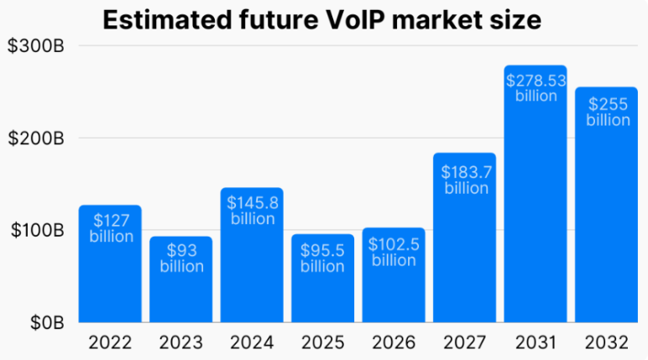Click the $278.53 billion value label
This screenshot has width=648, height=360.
(536, 88)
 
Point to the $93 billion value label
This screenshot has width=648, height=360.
(181, 258)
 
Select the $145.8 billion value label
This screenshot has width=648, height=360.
(253, 210)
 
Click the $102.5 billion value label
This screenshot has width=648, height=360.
(394, 252)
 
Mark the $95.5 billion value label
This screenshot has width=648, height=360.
(323, 258)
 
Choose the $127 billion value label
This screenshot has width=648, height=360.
(111, 228)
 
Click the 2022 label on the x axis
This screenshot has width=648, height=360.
(111, 342)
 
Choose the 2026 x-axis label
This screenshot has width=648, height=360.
(394, 342)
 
